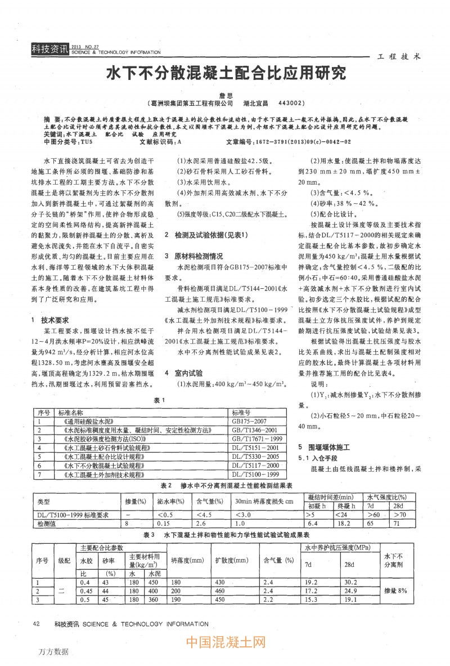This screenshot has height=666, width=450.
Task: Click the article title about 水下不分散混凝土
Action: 225,73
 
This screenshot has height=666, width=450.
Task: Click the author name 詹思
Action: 225,96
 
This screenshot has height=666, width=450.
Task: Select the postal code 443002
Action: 291,104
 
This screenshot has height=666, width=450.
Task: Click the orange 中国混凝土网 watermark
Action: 225,642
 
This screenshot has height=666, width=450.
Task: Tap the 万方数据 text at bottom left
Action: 54,651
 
